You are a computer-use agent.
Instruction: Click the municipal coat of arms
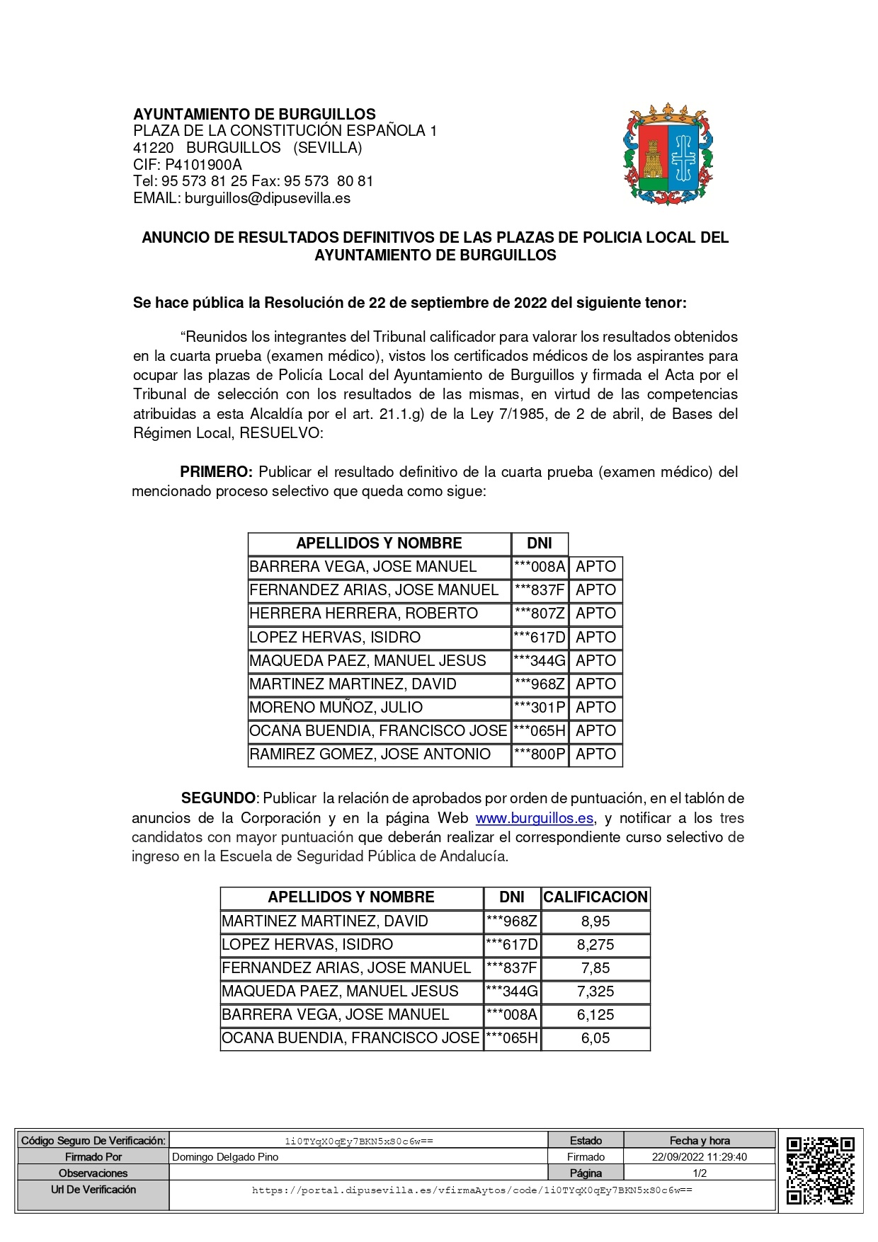(x=668, y=154)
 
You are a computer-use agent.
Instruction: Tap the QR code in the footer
(x=820, y=1170)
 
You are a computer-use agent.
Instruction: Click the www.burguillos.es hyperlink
(x=534, y=818)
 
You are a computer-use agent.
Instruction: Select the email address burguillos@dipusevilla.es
(x=267, y=198)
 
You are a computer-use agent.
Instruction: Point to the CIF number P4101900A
(x=203, y=165)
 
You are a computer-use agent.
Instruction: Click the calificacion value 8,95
(x=595, y=921)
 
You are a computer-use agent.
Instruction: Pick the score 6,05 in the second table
(x=595, y=1038)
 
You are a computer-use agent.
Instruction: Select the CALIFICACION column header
(x=595, y=897)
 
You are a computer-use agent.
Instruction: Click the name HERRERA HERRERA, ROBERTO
(x=363, y=614)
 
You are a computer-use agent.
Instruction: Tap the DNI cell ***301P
(x=540, y=708)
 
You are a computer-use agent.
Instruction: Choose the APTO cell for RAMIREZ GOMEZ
(x=595, y=754)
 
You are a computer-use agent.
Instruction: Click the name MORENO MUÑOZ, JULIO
(x=336, y=708)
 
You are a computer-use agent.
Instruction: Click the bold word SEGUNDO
(x=218, y=798)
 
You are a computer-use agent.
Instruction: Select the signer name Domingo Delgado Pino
(x=225, y=1157)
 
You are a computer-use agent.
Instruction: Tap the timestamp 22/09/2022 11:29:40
(x=699, y=1157)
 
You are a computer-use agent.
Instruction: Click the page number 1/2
(x=699, y=1173)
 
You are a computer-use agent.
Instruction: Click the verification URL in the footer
(x=472, y=1190)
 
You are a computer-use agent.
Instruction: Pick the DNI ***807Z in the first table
(x=540, y=614)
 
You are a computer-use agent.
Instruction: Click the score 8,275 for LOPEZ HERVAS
(x=595, y=945)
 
